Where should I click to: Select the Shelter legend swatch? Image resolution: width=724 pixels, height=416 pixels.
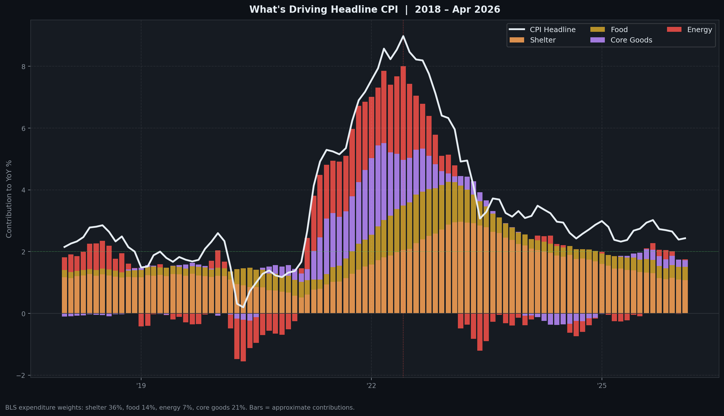pos(517,40)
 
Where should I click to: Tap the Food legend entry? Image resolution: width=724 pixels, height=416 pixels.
pos(619,30)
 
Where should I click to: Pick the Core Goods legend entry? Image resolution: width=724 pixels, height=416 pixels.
pos(631,40)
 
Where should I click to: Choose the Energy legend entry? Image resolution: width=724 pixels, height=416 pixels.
pos(699,30)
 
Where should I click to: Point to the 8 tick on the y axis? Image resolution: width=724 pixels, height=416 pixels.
pos(24,66)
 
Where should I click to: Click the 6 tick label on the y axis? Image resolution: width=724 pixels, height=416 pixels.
pos(24,128)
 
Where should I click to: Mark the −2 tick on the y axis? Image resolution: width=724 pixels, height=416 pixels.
pos(21,376)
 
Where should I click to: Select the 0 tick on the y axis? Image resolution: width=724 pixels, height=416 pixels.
pos(24,314)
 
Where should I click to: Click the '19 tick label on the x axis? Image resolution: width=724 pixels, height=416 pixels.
pos(141,386)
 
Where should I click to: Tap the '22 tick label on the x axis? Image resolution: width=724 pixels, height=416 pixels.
pos(371,386)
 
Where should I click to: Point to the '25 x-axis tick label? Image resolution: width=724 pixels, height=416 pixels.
pos(602,386)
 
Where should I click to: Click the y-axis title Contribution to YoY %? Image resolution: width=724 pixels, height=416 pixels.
pos(9,199)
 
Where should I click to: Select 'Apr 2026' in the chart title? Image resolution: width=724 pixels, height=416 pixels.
pos(476,10)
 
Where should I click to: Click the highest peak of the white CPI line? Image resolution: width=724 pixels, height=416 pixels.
pos(403,36)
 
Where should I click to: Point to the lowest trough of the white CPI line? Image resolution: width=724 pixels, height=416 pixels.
pos(243,307)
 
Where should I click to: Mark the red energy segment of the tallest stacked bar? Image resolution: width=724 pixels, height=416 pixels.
pos(403,113)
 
